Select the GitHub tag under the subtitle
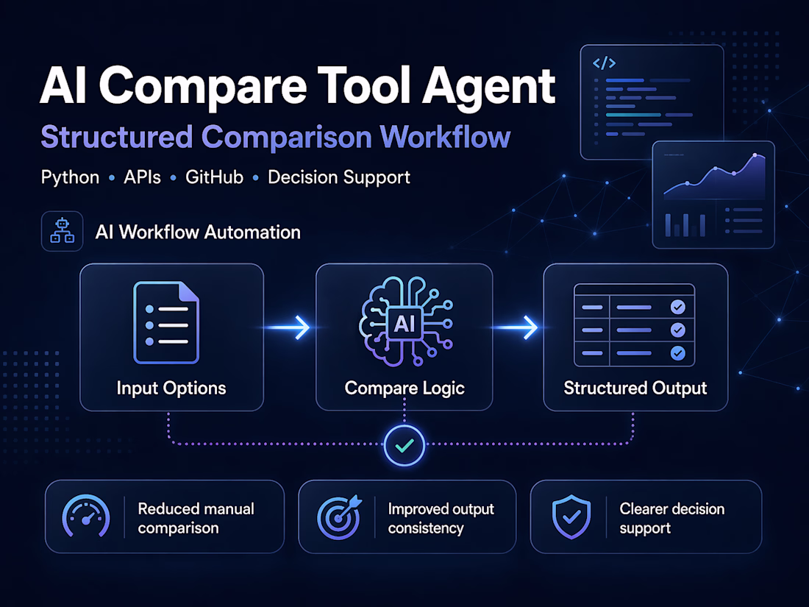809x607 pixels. pos(214,177)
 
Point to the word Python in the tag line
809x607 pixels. pos(70,177)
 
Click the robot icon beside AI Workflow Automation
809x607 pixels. pos(62,231)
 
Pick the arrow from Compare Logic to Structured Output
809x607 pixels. pos(518,327)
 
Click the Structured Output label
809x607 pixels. pos(635,388)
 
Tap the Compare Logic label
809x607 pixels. pos(404,388)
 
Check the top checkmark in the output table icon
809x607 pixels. pos(678,307)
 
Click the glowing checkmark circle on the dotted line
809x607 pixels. pos(404,444)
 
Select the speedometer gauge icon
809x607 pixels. pos(87,517)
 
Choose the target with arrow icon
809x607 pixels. pos(340,517)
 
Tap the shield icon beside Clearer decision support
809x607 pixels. pos(571,517)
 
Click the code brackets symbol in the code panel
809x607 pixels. pos(604,63)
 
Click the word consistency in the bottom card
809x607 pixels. pos(426,528)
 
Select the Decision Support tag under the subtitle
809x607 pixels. pos(339,177)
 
